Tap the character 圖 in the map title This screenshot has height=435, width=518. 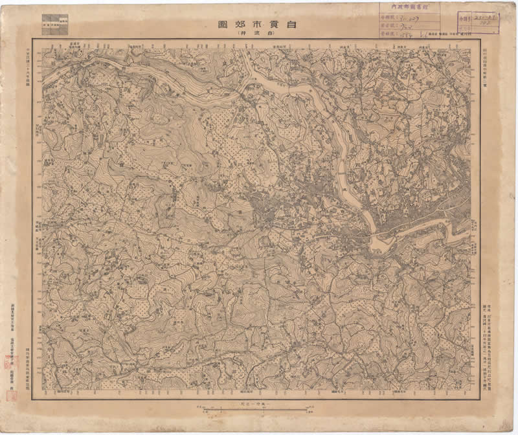(221, 25)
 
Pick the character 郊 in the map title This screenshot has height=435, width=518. (240, 25)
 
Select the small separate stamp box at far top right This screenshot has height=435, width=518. (479, 20)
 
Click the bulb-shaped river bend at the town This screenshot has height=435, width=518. (379, 243)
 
